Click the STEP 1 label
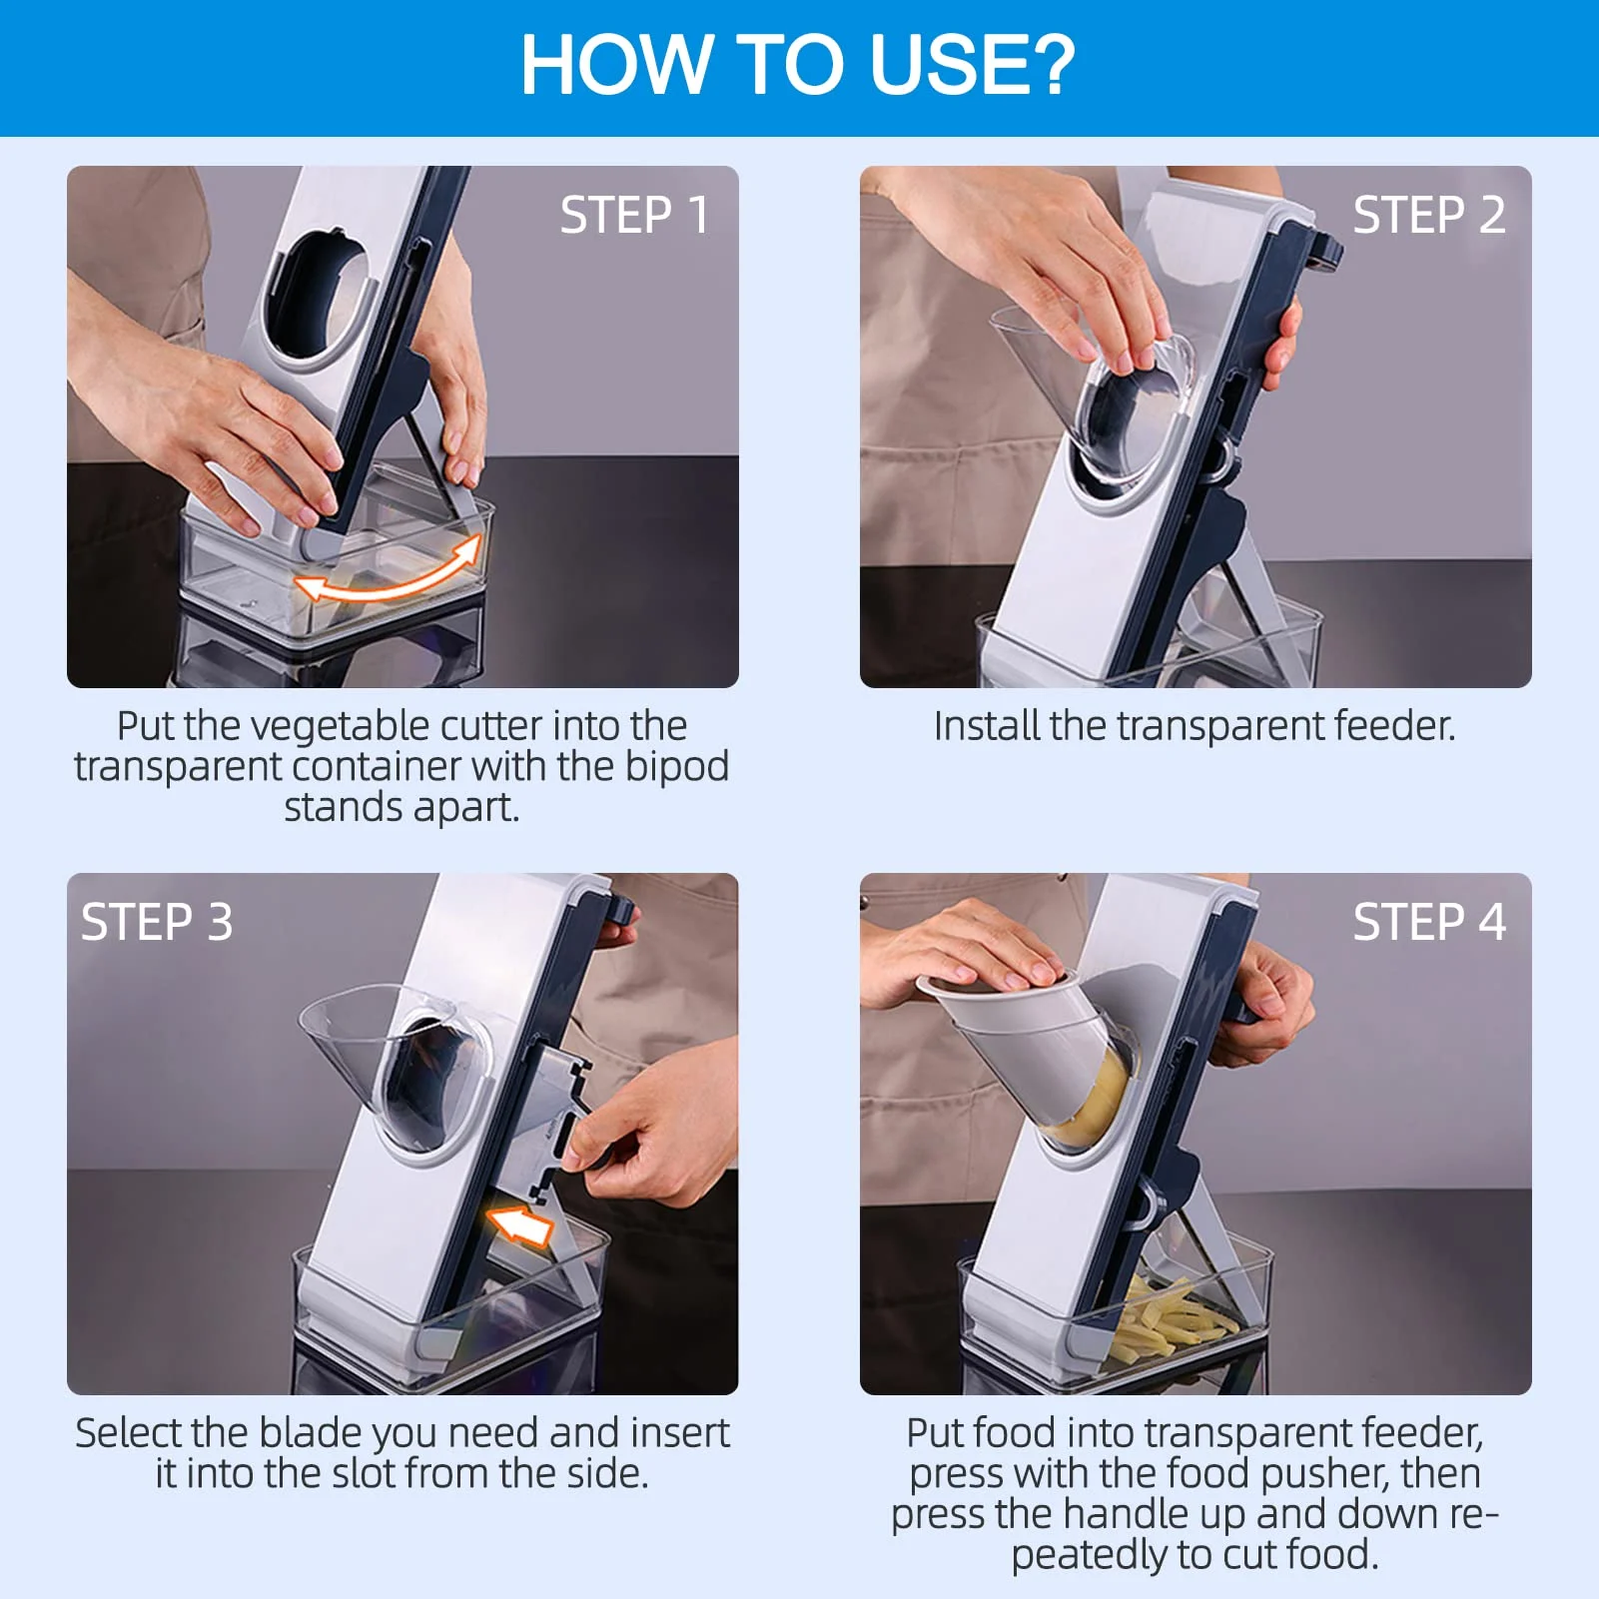click(x=634, y=215)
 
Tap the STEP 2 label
click(x=1428, y=215)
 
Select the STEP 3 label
click(x=157, y=922)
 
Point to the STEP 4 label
click(x=1428, y=922)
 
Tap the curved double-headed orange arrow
click(x=390, y=575)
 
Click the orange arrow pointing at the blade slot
click(x=519, y=1224)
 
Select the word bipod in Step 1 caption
click(x=676, y=767)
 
